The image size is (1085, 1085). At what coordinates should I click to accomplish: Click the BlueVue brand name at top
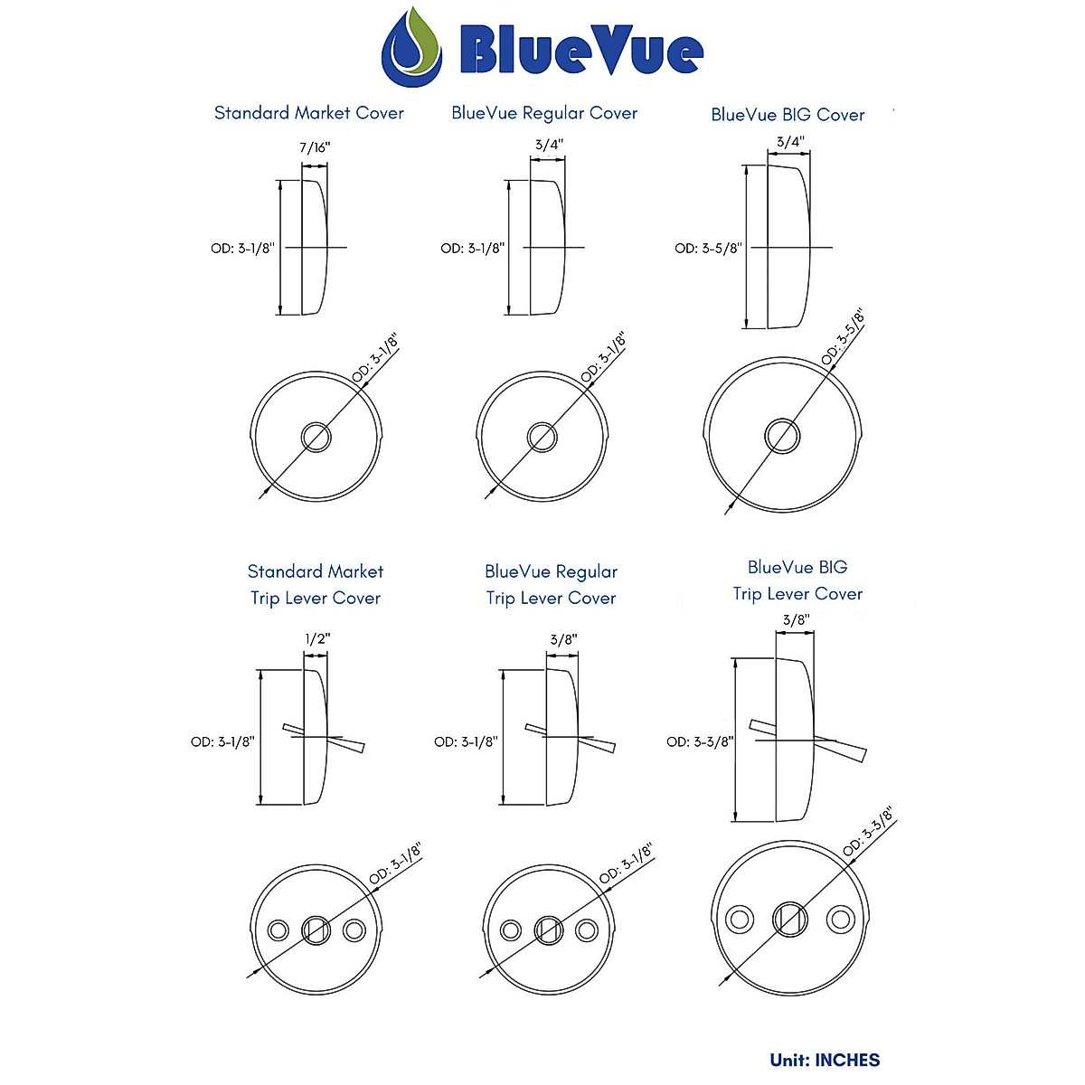pos(580,51)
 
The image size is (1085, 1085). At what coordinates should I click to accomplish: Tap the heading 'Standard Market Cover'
pos(308,113)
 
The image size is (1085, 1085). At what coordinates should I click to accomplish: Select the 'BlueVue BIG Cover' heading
pos(788,115)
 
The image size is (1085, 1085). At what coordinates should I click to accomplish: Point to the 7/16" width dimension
pos(314,147)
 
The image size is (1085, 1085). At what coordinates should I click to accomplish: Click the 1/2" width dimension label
pos(317,638)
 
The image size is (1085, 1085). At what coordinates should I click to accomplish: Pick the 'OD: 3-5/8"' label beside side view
pos(707,248)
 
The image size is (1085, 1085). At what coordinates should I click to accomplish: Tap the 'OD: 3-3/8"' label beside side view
pos(699,741)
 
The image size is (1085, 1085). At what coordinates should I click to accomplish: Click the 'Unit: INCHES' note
pos(825,1060)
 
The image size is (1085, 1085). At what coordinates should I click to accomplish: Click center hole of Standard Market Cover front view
pos(316,437)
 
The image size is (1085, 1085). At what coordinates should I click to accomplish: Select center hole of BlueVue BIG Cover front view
pos(782,435)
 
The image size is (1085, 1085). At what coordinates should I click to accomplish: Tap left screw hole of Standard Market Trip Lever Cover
pos(278,929)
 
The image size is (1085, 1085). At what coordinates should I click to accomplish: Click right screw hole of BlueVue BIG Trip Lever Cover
pos(841,920)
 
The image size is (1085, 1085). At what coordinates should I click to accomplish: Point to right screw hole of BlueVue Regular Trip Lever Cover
pos(587,929)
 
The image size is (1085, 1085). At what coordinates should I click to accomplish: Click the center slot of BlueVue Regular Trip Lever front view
pos(548,929)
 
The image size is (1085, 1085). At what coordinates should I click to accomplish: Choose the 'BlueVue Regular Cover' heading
pos(544,113)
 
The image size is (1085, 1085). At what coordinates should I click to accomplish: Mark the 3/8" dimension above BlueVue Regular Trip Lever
pos(563,639)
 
